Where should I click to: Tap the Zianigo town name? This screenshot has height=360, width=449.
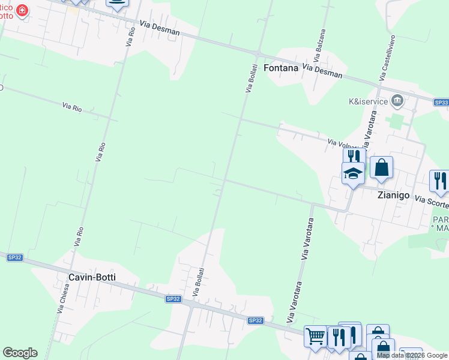[393, 195]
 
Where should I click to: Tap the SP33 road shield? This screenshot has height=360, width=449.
[441, 103]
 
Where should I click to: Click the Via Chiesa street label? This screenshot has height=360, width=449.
[63, 298]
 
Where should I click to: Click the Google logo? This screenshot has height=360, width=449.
[20, 353]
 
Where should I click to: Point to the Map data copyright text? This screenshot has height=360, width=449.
[412, 356]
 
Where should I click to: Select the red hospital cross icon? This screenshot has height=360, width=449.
[22, 11]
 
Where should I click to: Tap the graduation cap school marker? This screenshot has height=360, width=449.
[354, 174]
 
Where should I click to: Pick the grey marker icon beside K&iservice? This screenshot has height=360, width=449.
[396, 100]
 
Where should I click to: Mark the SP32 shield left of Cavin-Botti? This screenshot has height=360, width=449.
[14, 257]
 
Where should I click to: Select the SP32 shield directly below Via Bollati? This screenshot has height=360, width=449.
[173, 299]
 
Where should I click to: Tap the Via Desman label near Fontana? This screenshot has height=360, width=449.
[322, 71]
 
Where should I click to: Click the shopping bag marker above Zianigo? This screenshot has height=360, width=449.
[381, 168]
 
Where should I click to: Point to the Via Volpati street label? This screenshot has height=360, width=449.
[343, 144]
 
